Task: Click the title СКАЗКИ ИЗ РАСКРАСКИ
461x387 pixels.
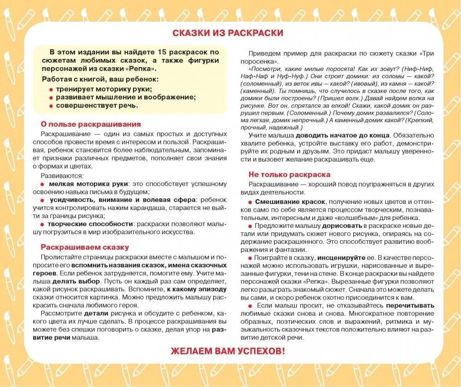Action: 228,33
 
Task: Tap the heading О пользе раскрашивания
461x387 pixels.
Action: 91,124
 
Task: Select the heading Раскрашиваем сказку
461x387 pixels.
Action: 85,247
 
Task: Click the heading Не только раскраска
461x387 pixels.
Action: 289,174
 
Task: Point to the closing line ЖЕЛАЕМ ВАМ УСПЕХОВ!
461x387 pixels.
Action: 228,351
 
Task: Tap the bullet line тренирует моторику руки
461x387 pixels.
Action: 104,89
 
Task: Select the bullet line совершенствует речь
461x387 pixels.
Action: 97,105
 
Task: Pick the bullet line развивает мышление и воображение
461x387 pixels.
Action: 126,97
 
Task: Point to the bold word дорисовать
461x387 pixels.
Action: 343,226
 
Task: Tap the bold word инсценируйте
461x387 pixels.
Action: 341,258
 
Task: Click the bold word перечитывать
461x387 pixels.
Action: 410,305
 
